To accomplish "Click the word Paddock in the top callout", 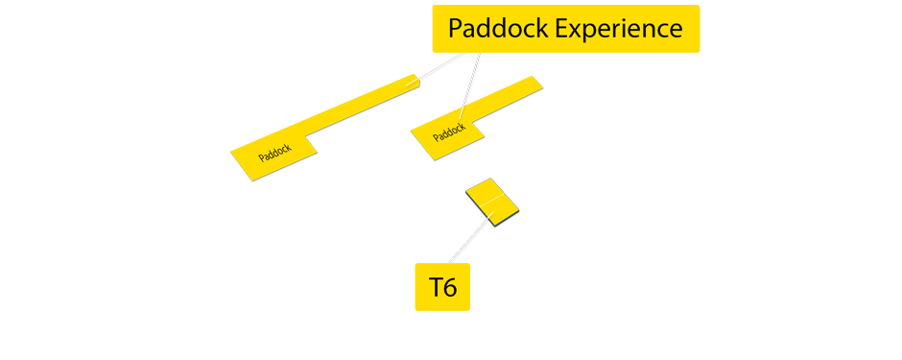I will coord(498,29).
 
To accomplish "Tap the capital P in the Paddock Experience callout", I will coord(455,29).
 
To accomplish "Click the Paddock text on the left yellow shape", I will coord(274,154).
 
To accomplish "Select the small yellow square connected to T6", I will coord(492,201).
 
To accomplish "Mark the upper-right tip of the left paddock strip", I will coord(416,77).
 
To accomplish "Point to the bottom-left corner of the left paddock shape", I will coord(251,179).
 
